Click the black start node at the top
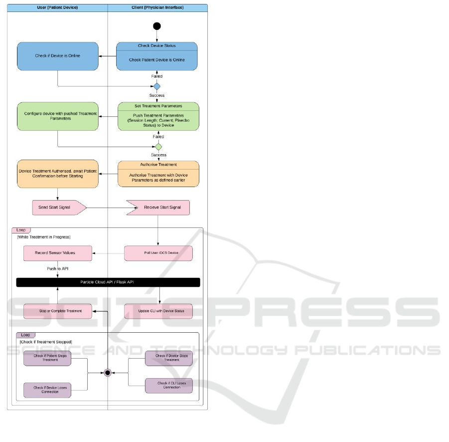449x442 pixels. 157,26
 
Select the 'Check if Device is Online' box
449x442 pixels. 57,56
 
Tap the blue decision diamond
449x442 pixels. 157,86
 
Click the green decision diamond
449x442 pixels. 158,147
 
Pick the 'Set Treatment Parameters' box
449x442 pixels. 158,116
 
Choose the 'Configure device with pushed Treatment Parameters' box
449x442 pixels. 57,116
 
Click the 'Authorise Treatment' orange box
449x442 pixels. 158,174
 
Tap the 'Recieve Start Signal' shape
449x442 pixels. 158,207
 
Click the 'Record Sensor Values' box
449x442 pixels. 57,253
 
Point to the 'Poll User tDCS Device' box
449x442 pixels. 158,253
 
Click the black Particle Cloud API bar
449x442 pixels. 108,282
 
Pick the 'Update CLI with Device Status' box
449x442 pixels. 158,311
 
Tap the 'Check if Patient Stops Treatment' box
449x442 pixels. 47,358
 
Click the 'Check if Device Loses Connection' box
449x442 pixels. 47,389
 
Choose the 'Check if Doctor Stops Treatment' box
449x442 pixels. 168,358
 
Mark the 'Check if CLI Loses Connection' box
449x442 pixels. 168,385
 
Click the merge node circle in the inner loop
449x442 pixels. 107,373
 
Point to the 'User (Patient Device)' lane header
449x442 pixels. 57,8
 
